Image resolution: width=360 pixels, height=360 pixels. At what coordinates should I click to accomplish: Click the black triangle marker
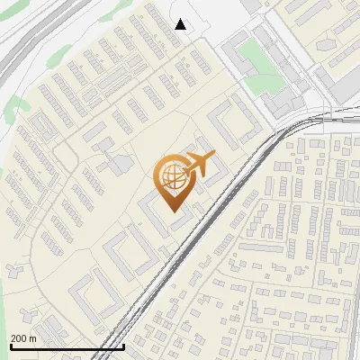click(181, 24)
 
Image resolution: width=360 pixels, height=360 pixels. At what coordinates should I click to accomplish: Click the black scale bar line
click(67, 346)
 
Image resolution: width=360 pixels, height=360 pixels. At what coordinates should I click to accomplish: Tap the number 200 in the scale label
click(20, 338)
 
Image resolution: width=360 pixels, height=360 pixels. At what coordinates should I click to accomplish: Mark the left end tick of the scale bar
click(10, 345)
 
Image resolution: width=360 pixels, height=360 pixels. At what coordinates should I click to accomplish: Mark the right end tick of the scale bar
click(123, 345)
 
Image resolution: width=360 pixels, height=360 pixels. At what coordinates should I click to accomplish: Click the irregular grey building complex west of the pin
click(114, 164)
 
